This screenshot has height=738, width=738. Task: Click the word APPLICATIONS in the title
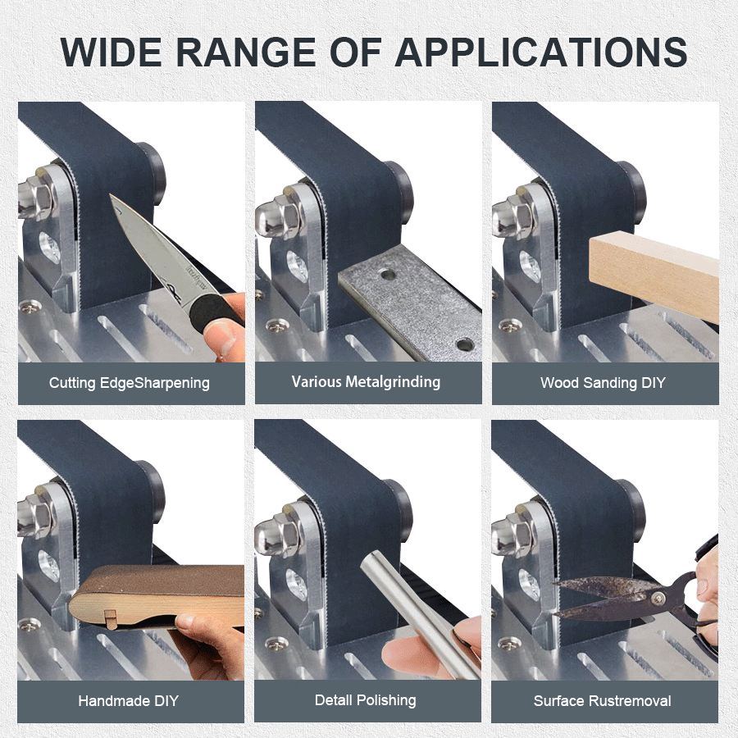pyautogui.click(x=541, y=52)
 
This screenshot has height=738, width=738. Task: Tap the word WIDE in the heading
pyautogui.click(x=111, y=52)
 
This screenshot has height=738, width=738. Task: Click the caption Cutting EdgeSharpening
pyautogui.click(x=130, y=383)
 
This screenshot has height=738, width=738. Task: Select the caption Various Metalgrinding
pyautogui.click(x=367, y=381)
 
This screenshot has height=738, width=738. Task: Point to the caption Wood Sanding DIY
pyautogui.click(x=603, y=383)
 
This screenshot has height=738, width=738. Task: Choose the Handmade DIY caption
pyautogui.click(x=129, y=701)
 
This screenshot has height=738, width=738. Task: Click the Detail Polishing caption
pyautogui.click(x=365, y=700)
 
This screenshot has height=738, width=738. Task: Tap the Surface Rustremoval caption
pyautogui.click(x=603, y=701)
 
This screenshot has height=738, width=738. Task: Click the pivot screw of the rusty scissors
pyautogui.click(x=658, y=599)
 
